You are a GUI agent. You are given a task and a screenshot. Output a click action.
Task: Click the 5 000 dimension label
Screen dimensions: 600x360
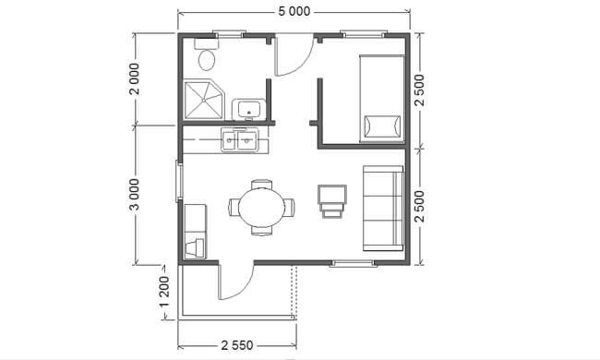[x=294, y=11]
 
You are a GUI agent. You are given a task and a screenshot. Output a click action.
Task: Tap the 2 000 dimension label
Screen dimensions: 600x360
[x=135, y=78]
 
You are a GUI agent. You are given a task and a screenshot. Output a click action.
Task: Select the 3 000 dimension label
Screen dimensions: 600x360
[x=135, y=195]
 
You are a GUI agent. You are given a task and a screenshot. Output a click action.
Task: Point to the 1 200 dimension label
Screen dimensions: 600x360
[x=164, y=292]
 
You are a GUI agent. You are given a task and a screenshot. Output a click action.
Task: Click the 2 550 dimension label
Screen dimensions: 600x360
[x=237, y=345]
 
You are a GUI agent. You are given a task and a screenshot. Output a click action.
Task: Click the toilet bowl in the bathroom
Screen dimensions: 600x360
[x=207, y=60]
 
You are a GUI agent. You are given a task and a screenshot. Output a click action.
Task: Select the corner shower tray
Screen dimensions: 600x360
[x=204, y=100]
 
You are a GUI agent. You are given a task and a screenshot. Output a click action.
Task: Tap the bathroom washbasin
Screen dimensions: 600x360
[x=248, y=109]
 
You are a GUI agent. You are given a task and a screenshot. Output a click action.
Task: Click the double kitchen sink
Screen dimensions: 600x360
[x=240, y=140]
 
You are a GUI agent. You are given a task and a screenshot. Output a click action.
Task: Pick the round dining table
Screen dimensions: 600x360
[x=262, y=208]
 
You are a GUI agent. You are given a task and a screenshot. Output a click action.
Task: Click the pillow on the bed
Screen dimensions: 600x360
[x=382, y=126]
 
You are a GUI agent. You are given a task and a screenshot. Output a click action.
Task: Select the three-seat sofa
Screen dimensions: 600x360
[x=383, y=209]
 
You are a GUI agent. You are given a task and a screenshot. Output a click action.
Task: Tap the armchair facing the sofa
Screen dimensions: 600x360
[x=332, y=201]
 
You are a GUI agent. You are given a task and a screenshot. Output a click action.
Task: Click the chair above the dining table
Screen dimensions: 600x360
[x=262, y=185]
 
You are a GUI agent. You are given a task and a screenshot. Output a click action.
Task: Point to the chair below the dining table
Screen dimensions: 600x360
[x=262, y=231]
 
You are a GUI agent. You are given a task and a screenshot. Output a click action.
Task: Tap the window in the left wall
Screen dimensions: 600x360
[x=179, y=181]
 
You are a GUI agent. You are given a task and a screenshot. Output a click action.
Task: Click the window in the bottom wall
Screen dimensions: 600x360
[x=352, y=263]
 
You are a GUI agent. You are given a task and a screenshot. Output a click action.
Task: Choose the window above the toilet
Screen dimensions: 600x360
[x=229, y=34]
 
